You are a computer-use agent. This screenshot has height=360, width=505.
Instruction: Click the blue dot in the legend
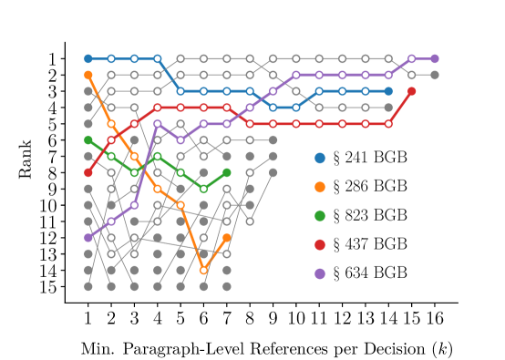click(320, 158)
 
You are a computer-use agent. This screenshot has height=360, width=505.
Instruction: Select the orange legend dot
click(320, 187)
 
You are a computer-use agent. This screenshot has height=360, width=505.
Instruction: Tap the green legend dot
click(320, 216)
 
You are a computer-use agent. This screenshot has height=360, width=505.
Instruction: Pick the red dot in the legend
click(320, 244)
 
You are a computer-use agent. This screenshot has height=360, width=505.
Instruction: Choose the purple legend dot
click(320, 273)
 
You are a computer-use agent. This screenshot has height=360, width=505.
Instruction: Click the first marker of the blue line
click(88, 58)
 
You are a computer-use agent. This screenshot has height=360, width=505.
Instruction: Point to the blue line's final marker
click(388, 91)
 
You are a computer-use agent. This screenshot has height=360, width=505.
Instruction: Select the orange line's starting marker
click(88, 75)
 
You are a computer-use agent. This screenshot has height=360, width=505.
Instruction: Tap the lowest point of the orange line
click(203, 270)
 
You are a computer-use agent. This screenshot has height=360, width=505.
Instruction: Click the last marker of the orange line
click(227, 237)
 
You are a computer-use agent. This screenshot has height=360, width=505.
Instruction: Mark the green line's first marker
click(88, 140)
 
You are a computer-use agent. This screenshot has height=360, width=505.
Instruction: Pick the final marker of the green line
click(227, 172)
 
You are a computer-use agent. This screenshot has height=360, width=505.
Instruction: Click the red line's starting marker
click(88, 172)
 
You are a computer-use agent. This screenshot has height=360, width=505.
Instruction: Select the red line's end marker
click(411, 91)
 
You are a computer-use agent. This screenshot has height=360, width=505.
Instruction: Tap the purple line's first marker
click(88, 237)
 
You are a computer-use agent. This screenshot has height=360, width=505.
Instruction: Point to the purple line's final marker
click(434, 58)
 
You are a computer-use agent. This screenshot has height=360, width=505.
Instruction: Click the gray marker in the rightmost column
click(434, 75)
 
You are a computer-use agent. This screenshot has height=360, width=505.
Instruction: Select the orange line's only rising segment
click(215, 253)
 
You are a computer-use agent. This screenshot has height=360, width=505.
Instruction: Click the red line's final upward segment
click(400, 108)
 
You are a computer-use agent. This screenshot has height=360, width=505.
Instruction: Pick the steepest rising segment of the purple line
click(146, 164)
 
